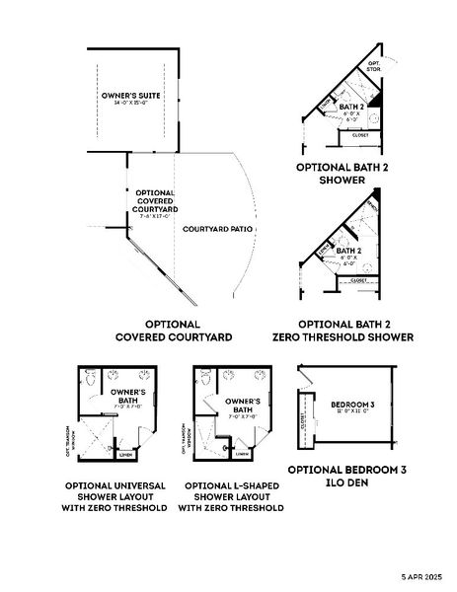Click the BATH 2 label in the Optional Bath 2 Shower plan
point(352,106)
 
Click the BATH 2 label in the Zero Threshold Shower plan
point(347,251)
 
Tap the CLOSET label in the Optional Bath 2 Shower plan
point(360,135)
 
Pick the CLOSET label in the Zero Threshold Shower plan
point(359,280)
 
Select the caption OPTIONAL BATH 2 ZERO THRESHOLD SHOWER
point(355,330)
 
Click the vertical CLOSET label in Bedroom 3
point(302,421)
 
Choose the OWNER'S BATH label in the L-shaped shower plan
point(242,406)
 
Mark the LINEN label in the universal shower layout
point(124,455)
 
